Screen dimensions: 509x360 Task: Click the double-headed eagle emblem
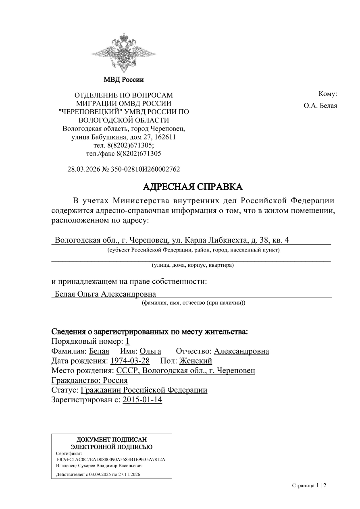123,52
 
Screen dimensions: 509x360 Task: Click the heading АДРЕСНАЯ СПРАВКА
193,187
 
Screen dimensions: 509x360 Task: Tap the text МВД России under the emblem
123,80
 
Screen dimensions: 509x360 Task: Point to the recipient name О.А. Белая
320,106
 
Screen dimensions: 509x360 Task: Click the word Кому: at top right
327,94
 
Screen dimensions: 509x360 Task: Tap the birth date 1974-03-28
130,361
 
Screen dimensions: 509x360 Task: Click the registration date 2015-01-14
142,400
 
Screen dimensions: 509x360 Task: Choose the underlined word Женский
196,361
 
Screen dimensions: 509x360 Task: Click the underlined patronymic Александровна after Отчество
241,351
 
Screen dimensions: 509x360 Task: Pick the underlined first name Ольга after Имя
150,351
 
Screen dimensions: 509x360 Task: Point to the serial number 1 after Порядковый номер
127,341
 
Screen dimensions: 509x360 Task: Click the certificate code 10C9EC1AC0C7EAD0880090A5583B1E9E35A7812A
111,459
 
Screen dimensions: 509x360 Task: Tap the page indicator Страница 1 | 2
309,486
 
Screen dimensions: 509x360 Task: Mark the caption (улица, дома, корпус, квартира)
193,265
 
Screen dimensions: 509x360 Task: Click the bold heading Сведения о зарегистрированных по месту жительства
149,332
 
